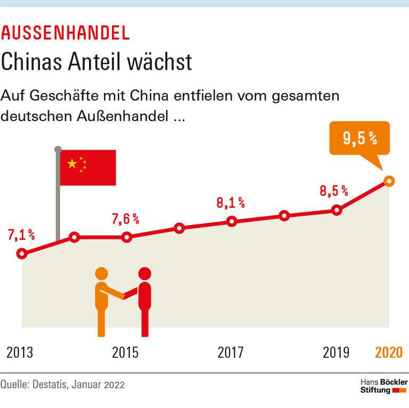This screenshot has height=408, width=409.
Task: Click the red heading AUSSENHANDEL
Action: click(66, 33)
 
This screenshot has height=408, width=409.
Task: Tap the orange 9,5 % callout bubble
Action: click(360, 139)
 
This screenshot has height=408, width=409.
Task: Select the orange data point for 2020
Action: click(389, 181)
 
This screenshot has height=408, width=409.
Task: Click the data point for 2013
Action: click(22, 254)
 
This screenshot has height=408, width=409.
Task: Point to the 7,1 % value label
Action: click(21, 235)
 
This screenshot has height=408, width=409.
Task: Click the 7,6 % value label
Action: click(125, 218)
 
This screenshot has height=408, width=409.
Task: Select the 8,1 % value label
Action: click(231, 202)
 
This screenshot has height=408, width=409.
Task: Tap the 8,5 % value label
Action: click(334, 190)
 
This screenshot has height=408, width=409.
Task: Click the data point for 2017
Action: click(232, 222)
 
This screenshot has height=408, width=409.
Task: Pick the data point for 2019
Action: click(336, 210)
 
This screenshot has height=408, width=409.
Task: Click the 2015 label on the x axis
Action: click(125, 353)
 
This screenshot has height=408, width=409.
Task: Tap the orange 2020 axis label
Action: click(389, 353)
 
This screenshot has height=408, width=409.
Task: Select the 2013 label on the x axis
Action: click(20, 353)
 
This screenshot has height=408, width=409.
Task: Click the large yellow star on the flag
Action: click(72, 163)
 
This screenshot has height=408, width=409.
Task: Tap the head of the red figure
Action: click(144, 274)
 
